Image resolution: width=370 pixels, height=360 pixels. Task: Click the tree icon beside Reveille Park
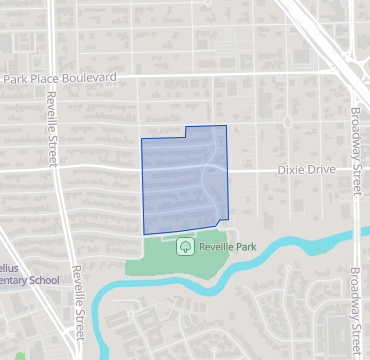click(184, 246)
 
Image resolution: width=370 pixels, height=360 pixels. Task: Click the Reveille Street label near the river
click(78, 315)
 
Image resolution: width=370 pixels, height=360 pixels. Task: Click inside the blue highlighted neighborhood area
click(185, 180)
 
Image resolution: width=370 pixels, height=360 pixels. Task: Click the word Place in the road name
click(43, 78)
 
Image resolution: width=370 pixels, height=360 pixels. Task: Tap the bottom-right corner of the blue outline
click(229, 219)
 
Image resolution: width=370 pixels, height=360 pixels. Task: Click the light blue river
click(290, 245)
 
